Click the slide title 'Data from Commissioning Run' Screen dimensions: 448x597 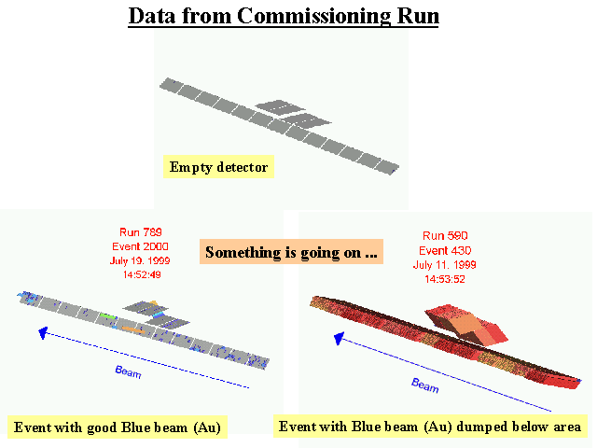[284, 18]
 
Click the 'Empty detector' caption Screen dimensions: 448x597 [218, 168]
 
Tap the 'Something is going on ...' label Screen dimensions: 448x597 [291, 252]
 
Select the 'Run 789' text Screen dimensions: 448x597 [141, 231]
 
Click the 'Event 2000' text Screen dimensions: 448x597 [141, 246]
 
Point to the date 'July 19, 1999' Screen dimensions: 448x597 [141, 261]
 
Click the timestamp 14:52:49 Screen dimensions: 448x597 [141, 276]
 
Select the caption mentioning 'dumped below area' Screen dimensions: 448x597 [430, 427]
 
